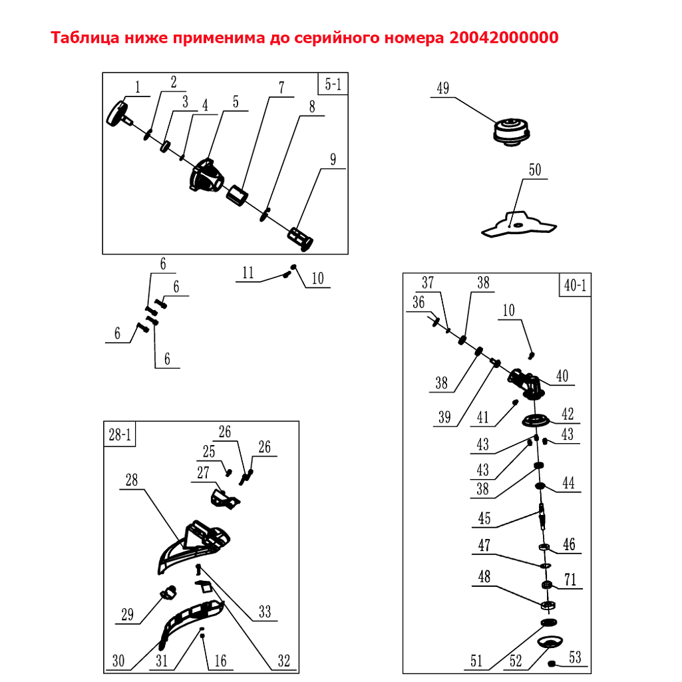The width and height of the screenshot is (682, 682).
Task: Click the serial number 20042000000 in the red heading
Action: point(504,38)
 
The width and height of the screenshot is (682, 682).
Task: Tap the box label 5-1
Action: point(333,84)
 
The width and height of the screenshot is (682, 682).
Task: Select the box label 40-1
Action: point(575,285)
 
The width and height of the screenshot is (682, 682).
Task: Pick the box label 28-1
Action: point(120,434)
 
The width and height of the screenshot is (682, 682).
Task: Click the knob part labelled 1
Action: point(119,114)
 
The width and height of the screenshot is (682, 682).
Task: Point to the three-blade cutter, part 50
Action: point(519,224)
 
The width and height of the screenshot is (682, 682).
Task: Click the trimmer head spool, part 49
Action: point(512,131)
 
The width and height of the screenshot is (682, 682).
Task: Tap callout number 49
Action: point(442,88)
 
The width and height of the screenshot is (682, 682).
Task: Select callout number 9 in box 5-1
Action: point(333,159)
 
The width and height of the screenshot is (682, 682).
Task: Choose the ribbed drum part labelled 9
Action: point(300,238)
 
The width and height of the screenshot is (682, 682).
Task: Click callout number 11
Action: point(248,273)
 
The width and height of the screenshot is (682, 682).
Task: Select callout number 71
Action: point(570,580)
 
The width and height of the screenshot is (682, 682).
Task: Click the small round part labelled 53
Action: point(552,664)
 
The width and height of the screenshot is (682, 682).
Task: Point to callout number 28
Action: point(131,480)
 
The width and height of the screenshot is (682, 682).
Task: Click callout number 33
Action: point(264,611)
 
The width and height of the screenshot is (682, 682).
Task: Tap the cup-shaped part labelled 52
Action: point(550,642)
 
